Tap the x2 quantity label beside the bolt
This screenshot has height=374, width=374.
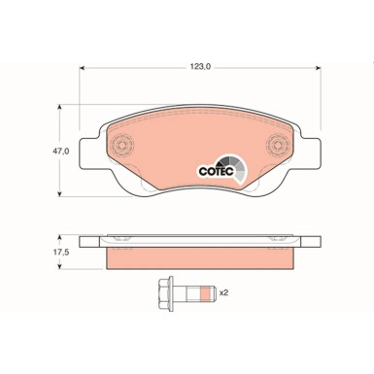tap(224, 291)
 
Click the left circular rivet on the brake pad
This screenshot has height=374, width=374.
tap(121, 148)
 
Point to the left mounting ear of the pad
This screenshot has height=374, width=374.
tap(89, 149)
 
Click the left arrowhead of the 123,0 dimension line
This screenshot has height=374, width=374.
tap(82, 67)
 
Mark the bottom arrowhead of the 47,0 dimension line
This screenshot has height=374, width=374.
tap(68, 193)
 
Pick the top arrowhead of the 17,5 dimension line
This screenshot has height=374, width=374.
tap(68, 237)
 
